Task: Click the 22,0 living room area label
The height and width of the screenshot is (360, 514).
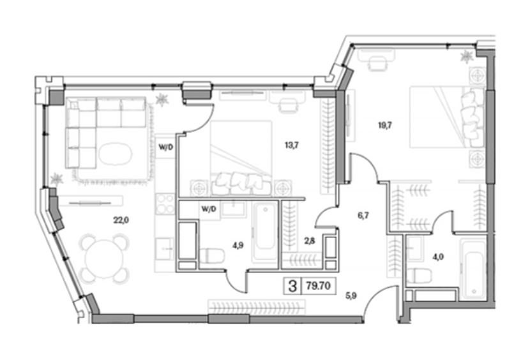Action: point(121,220)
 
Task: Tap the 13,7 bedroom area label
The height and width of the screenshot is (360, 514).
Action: point(291,145)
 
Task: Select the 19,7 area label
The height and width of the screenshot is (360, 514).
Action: point(385,125)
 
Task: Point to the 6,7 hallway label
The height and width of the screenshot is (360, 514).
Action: point(363,215)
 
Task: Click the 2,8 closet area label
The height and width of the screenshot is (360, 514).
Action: point(310,241)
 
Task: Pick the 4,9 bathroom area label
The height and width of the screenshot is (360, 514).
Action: point(238,245)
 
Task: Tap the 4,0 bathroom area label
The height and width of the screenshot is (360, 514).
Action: point(438,257)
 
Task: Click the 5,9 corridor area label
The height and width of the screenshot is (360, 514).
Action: point(351,296)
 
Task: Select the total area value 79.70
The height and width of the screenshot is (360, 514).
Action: point(318,286)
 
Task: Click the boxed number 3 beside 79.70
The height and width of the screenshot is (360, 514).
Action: point(292,287)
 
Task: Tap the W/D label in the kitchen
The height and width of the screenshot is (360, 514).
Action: point(165,147)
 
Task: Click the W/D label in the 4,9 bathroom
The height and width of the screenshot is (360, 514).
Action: point(209,209)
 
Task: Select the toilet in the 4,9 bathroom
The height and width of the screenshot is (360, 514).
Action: point(212,256)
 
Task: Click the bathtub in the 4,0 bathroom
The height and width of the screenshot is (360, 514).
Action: point(472,269)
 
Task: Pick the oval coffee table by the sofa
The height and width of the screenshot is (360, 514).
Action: point(116,154)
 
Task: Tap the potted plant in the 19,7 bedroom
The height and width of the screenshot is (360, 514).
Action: point(467,57)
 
